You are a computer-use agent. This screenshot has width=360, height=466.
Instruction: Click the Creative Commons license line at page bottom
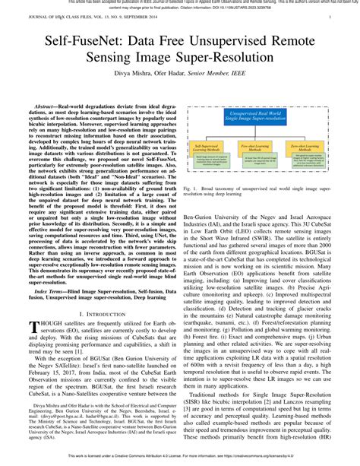[179, 458]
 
